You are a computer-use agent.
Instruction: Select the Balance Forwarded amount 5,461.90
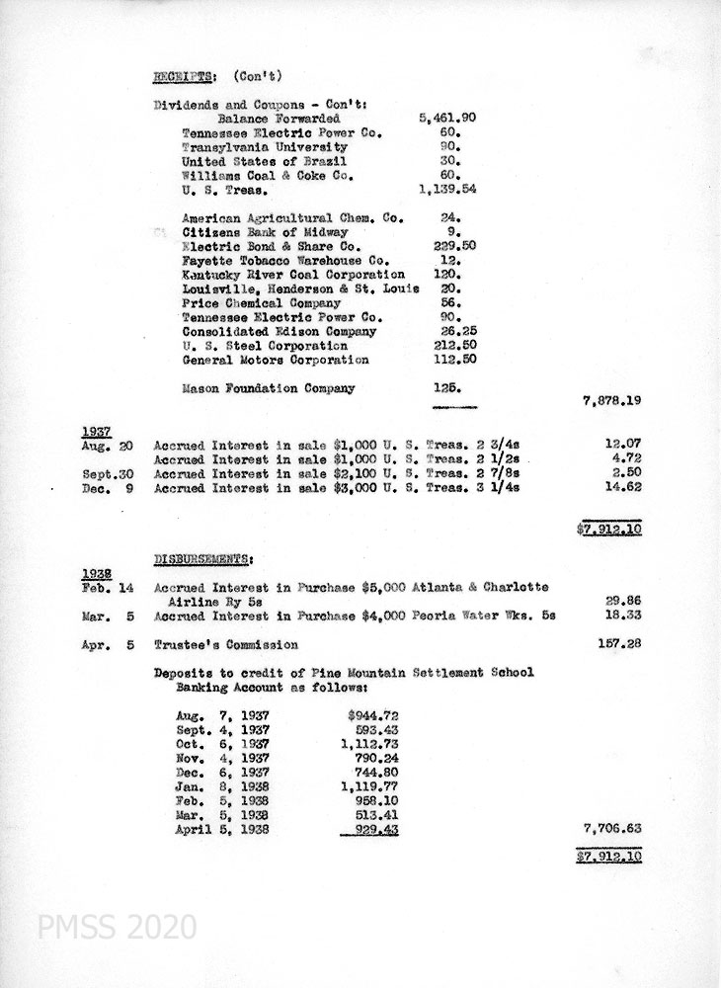pos(448,118)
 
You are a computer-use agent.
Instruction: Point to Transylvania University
pos(261,146)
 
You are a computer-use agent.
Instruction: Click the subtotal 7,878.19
pos(613,402)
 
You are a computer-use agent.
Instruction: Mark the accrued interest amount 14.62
pos(623,488)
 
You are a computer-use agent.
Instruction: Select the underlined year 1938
pos(95,573)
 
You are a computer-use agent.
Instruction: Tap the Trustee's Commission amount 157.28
pos(620,644)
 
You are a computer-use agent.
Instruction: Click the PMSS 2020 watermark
pos(116,928)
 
